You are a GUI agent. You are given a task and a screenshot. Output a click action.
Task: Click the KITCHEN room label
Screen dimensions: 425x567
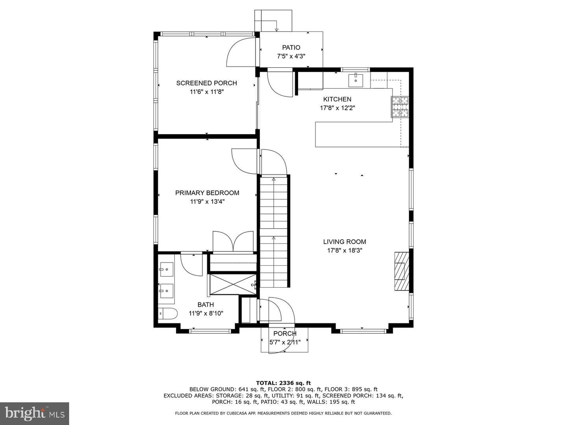click(x=337, y=99)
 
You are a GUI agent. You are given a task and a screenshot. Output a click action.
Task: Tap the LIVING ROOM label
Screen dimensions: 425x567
click(x=345, y=242)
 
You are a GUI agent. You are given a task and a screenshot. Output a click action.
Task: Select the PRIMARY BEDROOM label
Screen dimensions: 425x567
click(x=207, y=193)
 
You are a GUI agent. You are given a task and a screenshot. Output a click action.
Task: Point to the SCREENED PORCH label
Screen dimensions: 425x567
click(x=206, y=83)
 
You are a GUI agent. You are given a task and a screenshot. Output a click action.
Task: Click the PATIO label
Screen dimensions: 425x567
click(x=291, y=48)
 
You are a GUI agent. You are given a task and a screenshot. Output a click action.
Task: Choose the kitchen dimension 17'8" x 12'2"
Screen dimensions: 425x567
click(x=337, y=108)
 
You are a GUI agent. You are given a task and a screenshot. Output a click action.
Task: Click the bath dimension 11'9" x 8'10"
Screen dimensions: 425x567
click(x=206, y=313)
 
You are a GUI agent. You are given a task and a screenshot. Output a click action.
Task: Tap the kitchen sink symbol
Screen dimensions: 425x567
click(x=356, y=80)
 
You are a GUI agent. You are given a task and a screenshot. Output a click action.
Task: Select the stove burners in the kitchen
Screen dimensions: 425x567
click(x=400, y=107)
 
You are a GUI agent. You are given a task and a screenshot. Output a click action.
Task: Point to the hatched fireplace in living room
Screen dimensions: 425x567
click(x=401, y=271)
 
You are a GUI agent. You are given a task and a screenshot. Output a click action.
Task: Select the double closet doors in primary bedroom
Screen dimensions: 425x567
click(x=233, y=241)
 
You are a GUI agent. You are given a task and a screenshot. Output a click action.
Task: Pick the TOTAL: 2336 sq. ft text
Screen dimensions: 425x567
click(x=283, y=382)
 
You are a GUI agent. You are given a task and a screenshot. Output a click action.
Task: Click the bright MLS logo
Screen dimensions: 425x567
click(x=34, y=413)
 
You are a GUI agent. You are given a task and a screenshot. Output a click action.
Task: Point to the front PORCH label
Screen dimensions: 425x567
click(x=285, y=334)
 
